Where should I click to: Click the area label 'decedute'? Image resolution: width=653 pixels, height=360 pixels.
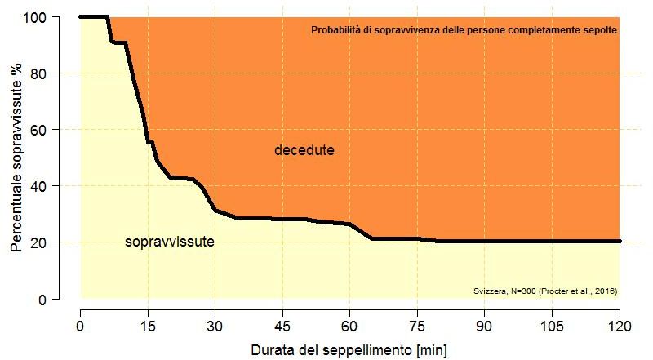(304, 151)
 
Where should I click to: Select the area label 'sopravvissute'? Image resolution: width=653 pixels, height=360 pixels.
(170, 242)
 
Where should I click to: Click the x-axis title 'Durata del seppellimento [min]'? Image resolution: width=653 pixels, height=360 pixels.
(338, 349)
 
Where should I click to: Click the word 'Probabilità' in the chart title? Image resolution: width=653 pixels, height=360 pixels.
(335, 30)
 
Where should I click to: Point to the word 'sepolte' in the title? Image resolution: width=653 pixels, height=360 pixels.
(600, 30)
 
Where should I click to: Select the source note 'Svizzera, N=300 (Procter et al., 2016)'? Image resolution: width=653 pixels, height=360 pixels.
(545, 291)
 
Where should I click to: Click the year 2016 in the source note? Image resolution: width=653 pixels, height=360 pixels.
(605, 291)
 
